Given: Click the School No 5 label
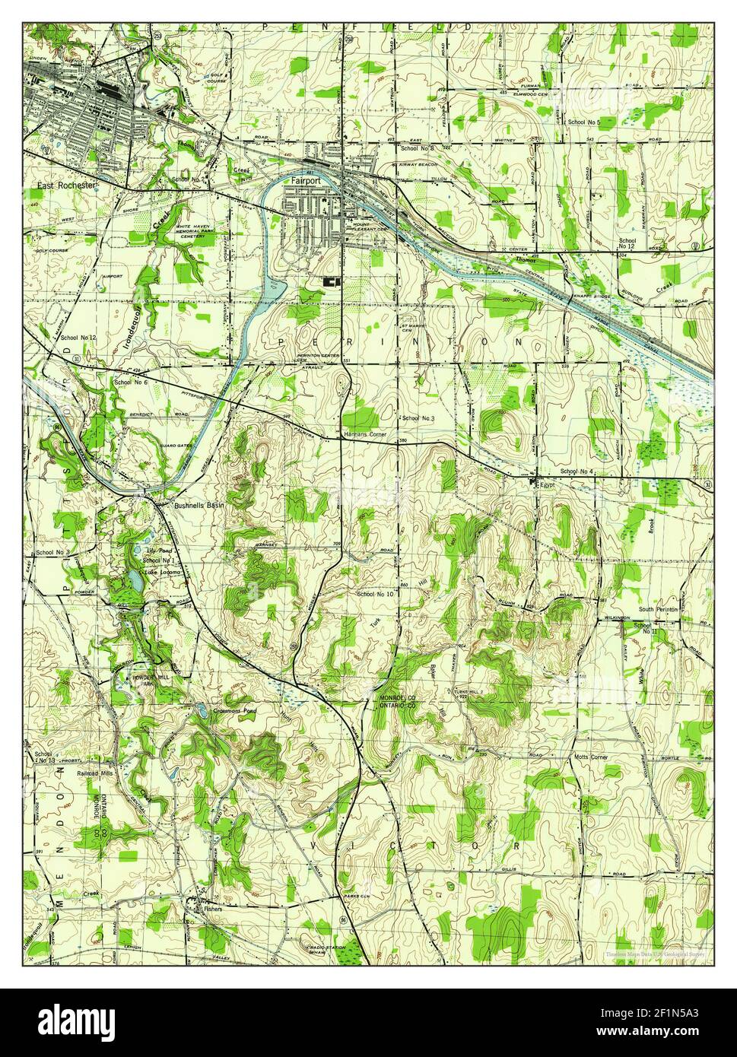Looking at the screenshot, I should coord(583,122).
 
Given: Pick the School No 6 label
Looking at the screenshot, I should coord(130,382).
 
